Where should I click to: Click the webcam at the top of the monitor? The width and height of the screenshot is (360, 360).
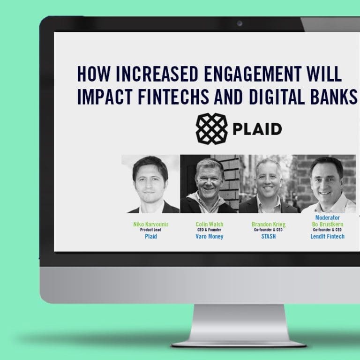tap(240, 23)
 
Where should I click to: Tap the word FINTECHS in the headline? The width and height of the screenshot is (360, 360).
tap(173, 97)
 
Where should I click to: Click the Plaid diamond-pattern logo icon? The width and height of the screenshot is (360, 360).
tap(211, 128)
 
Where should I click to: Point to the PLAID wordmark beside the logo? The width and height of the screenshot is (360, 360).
tap(257, 129)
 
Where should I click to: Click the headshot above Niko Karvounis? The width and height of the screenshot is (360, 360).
tap(150, 184)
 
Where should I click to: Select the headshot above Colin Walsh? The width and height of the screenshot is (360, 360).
tap(210, 184)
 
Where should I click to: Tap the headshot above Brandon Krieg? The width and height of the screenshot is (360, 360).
tap(268, 184)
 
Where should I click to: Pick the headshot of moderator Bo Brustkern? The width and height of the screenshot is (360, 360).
tap(327, 184)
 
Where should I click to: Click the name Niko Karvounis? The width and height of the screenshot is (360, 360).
tap(151, 225)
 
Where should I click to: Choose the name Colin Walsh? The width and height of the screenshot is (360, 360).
tap(210, 225)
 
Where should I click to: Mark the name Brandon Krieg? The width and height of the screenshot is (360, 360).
tap(269, 225)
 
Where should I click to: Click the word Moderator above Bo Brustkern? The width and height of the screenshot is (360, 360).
tap(327, 217)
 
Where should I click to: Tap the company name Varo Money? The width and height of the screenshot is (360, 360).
tap(210, 236)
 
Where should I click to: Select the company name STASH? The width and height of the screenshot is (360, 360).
tap(269, 236)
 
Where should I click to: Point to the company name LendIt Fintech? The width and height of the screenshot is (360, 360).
tap(327, 236)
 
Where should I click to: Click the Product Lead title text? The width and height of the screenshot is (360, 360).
tap(150, 230)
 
